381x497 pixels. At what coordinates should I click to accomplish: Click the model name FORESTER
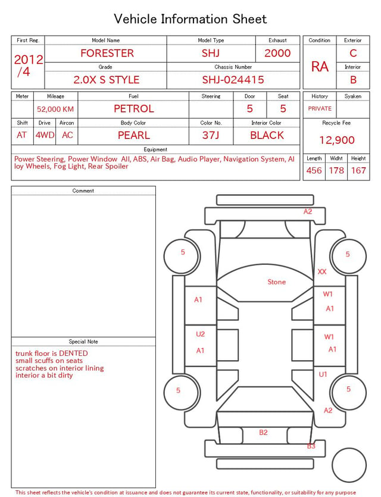(x=107, y=53)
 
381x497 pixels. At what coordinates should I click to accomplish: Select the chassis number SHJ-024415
(x=233, y=80)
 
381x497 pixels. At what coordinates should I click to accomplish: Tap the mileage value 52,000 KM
(x=55, y=110)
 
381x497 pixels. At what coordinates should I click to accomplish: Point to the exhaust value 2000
(x=277, y=53)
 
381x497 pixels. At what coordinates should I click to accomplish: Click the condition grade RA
(x=320, y=67)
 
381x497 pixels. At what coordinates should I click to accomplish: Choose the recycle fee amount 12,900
(x=336, y=140)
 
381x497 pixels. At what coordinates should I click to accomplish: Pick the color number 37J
(x=211, y=135)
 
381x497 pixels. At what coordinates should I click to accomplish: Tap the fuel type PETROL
(x=134, y=109)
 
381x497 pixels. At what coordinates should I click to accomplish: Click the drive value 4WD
(x=45, y=135)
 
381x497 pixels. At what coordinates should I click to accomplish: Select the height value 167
(x=358, y=170)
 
